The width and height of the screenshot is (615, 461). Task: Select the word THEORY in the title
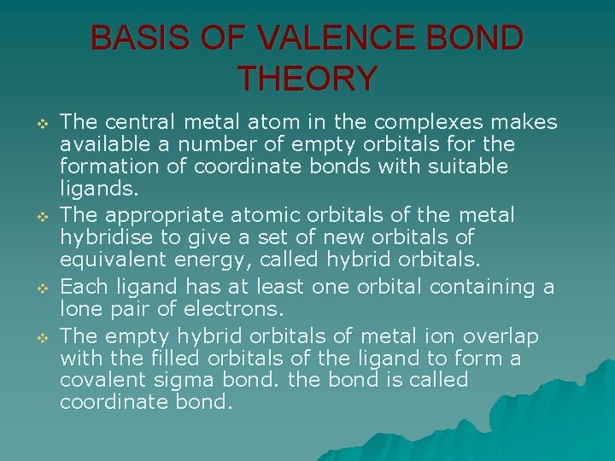[x=307, y=79]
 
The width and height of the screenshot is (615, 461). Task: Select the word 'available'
[x=95, y=144]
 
